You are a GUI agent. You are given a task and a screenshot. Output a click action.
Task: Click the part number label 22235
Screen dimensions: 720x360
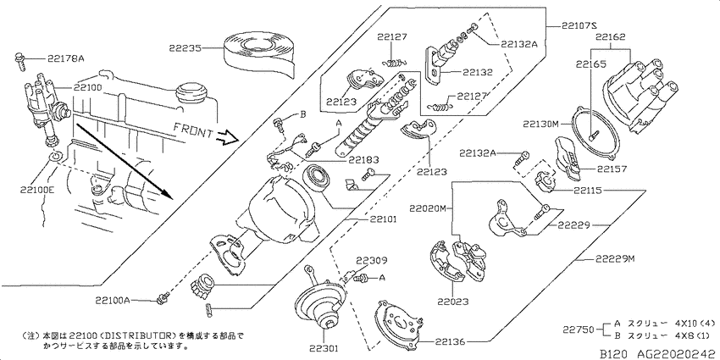point(184,47)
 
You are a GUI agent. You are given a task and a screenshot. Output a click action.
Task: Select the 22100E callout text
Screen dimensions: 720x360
point(37,189)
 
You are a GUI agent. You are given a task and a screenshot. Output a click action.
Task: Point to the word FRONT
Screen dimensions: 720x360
point(193,130)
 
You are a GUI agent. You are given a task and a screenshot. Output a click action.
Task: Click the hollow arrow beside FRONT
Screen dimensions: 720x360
point(228,136)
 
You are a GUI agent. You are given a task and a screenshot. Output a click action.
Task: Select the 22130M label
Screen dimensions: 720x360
point(540,124)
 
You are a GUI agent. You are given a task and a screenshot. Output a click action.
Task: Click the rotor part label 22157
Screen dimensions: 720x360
point(612,169)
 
